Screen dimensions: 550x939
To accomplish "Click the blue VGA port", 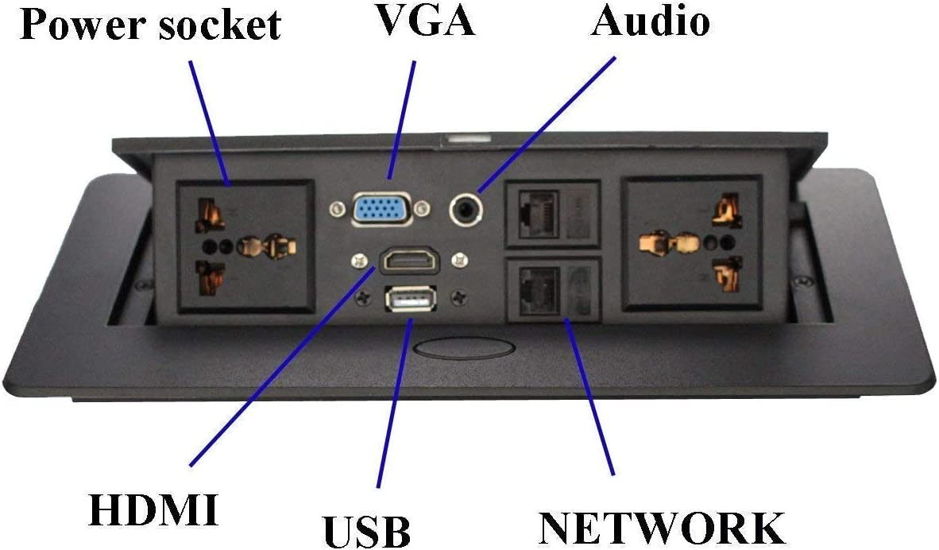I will [x=381, y=209].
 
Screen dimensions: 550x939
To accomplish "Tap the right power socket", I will [x=692, y=242].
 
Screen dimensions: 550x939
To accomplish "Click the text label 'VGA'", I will [x=425, y=22].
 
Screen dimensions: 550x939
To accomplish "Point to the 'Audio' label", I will [x=650, y=22].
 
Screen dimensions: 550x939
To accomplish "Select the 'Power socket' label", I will [x=150, y=25].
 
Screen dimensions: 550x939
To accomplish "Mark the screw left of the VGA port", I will [x=336, y=210].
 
